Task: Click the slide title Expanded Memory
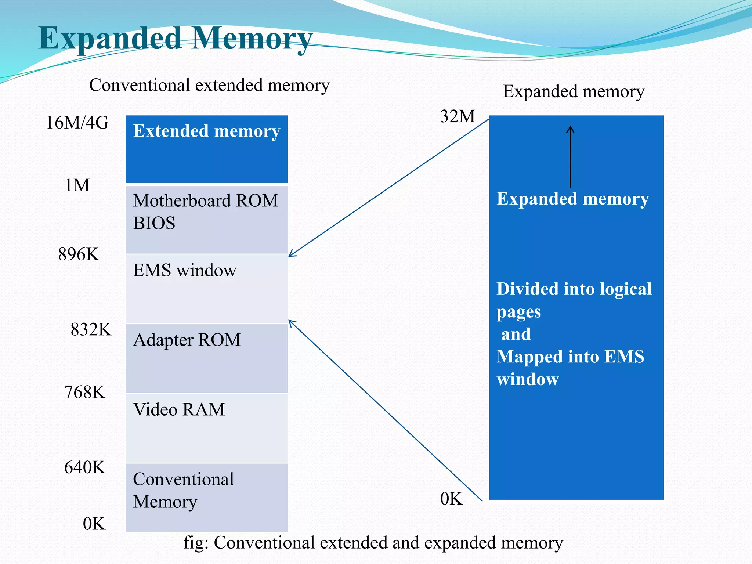point(176,39)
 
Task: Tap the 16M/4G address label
point(77,123)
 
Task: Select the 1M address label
point(77,185)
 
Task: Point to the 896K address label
point(79,254)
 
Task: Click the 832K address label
point(91,329)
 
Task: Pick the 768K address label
point(85,392)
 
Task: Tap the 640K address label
point(85,467)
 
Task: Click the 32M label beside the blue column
point(458,116)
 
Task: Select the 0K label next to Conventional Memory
point(94,524)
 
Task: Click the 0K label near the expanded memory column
point(451,499)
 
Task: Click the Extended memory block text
point(206,131)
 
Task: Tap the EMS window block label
point(185,270)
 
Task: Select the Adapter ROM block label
point(187,340)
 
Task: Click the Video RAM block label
point(179,409)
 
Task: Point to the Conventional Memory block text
point(183,490)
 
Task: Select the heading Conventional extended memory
point(209,85)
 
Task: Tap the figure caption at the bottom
point(373,543)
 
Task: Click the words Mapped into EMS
point(570,357)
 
